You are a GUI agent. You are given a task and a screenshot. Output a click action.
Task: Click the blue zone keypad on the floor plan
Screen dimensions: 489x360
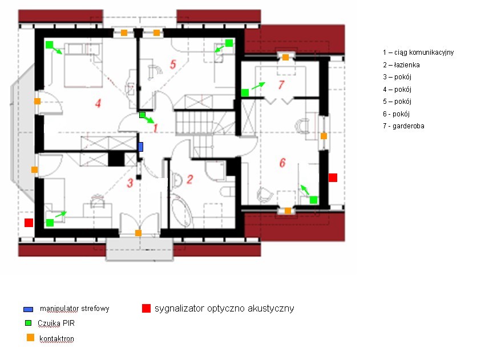(140, 147)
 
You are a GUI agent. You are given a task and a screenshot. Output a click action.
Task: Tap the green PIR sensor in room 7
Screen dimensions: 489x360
(245, 92)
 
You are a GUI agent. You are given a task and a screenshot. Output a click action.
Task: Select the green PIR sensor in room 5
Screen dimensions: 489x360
(229, 43)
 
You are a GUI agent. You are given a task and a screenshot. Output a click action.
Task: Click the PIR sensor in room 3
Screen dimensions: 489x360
(50, 223)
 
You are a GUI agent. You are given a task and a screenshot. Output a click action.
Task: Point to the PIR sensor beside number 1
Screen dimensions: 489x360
(142, 115)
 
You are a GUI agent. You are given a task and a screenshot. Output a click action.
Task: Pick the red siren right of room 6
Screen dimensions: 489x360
(333, 177)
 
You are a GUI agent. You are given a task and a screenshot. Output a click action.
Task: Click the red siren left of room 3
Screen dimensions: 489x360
(29, 223)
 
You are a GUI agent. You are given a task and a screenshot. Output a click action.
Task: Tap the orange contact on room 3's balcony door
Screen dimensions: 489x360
(138, 233)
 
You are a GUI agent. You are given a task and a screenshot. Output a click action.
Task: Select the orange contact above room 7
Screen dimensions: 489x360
(285, 57)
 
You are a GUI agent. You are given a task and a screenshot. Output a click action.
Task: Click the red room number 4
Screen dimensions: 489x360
(98, 103)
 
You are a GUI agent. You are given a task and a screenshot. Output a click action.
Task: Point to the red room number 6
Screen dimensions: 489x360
(282, 163)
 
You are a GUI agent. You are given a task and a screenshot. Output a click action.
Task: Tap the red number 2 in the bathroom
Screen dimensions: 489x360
(189, 179)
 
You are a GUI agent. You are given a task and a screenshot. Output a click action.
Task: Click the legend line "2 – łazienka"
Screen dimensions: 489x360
(401, 65)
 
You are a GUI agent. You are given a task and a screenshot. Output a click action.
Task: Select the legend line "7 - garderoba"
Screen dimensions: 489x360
(403, 126)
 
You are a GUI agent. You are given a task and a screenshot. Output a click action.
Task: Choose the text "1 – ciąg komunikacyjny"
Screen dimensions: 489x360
(418, 52)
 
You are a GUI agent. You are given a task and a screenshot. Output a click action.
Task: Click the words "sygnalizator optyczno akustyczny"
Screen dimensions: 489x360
(224, 308)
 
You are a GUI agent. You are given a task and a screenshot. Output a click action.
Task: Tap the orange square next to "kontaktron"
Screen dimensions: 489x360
(30, 337)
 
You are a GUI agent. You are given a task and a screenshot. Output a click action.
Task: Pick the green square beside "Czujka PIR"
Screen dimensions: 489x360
(28, 323)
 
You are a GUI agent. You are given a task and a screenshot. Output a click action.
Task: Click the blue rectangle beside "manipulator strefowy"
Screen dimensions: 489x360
(28, 309)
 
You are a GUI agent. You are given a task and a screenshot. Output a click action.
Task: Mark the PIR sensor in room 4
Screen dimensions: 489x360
(49, 45)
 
